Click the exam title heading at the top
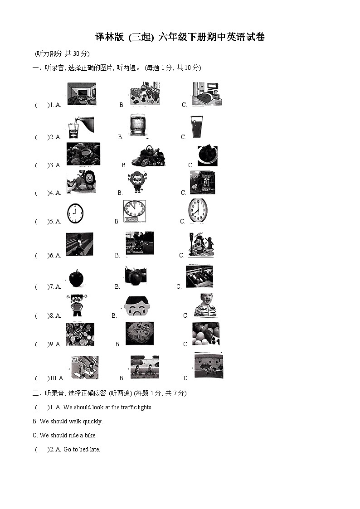(x=180, y=38)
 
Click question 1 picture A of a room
(x=82, y=94)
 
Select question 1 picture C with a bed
(x=207, y=94)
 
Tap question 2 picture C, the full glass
(x=197, y=127)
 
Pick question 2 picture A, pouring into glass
(x=81, y=127)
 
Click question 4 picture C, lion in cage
(x=202, y=182)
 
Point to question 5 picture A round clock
(x=75, y=213)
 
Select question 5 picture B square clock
(x=135, y=211)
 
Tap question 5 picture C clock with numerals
(x=198, y=211)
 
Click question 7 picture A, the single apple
(x=76, y=278)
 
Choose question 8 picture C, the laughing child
(x=205, y=305)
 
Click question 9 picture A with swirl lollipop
(x=80, y=334)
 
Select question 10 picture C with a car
(x=209, y=366)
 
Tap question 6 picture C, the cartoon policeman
(x=200, y=245)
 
